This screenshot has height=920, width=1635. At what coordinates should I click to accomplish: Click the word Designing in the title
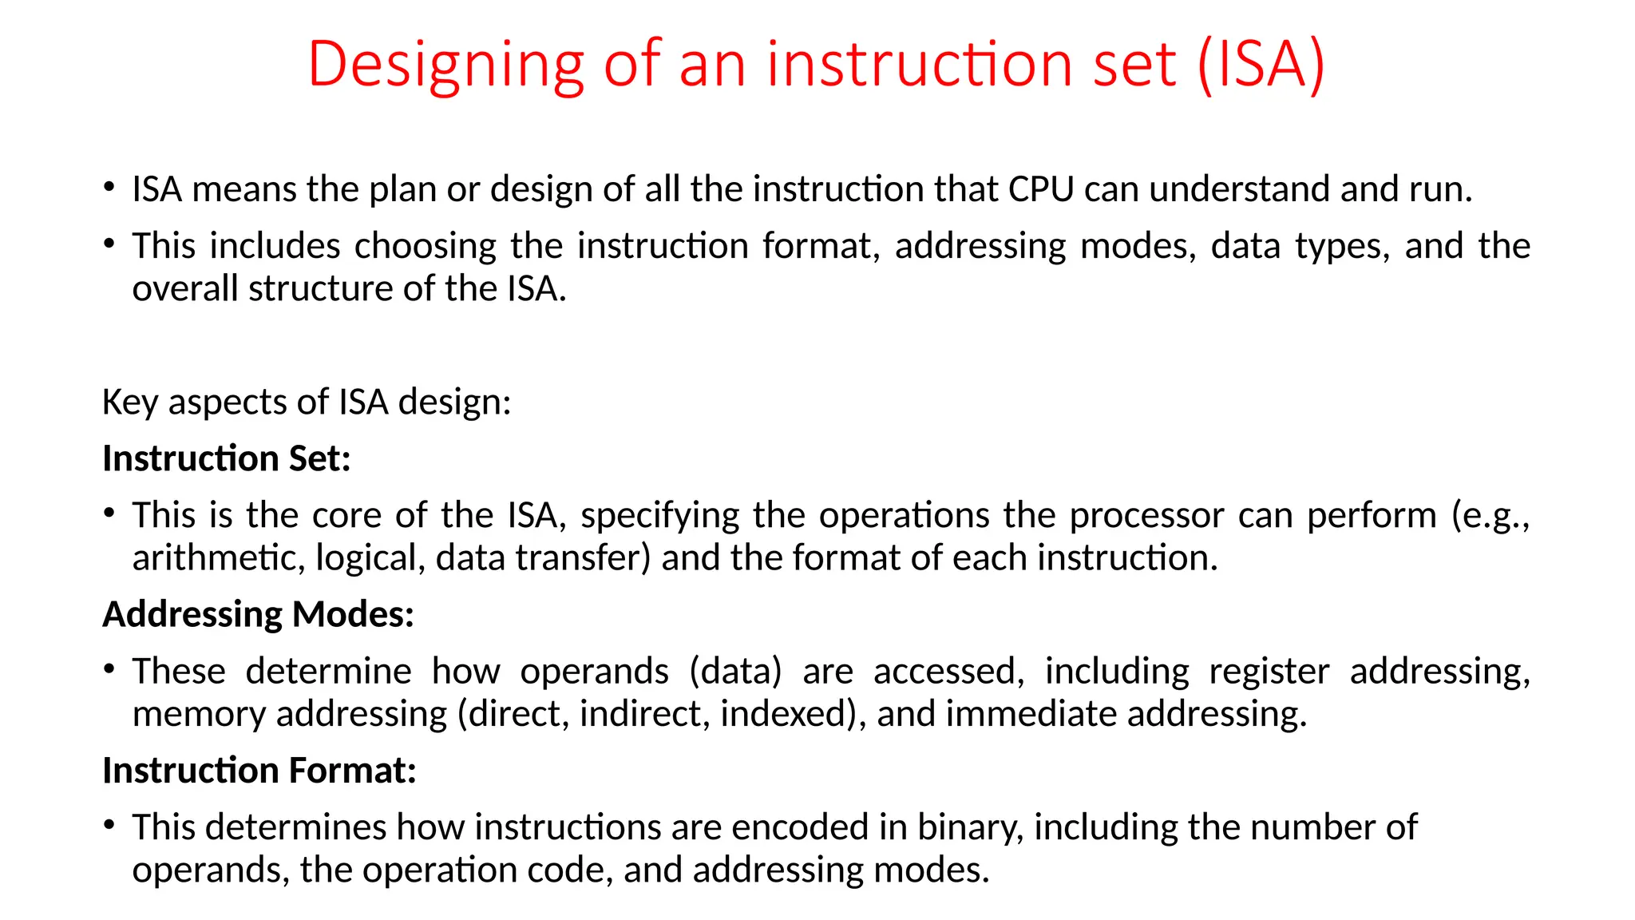(445, 65)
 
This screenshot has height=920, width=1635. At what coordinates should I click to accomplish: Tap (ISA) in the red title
(1261, 64)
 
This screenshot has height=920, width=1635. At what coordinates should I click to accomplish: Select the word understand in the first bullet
(1238, 190)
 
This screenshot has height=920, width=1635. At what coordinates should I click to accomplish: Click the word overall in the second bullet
(185, 289)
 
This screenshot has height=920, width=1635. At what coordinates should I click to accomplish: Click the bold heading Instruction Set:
(227, 459)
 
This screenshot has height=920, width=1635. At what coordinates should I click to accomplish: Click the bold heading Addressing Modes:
(258, 615)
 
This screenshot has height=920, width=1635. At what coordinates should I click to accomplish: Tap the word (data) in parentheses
(735, 672)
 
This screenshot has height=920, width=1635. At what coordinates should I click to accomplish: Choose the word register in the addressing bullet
(1269, 672)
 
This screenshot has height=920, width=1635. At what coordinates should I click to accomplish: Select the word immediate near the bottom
(1031, 714)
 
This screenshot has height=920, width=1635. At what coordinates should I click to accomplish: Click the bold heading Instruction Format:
(259, 771)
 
